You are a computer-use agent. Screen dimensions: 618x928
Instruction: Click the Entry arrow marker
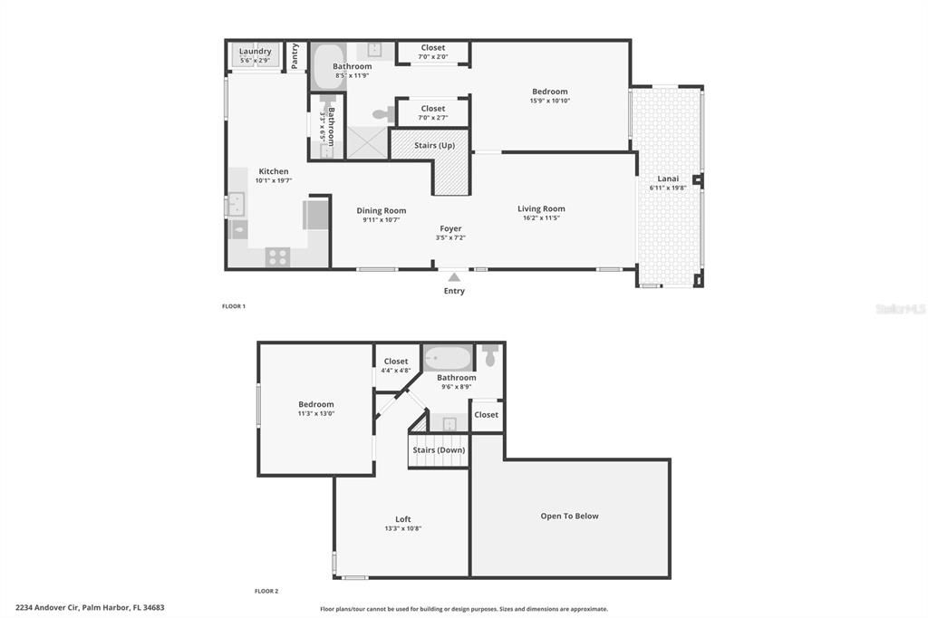click(x=454, y=277)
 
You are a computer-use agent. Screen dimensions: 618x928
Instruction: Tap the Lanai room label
click(x=668, y=179)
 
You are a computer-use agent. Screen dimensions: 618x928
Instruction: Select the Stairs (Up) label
click(x=434, y=145)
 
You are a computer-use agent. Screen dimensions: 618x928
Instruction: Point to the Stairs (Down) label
click(x=439, y=449)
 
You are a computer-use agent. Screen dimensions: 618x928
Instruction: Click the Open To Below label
click(x=569, y=517)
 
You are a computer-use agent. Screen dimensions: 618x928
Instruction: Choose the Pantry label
click(x=295, y=55)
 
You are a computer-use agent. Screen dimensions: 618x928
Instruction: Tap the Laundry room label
click(x=255, y=52)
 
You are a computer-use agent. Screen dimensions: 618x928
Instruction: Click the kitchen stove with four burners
click(x=277, y=256)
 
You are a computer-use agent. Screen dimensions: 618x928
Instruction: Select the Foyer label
click(x=450, y=228)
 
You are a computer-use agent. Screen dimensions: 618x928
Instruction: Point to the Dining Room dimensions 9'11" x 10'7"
click(x=381, y=220)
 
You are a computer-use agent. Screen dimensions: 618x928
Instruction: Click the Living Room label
click(x=541, y=209)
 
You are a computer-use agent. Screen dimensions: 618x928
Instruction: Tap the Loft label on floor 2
click(x=403, y=519)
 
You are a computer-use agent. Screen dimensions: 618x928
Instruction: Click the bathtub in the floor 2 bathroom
click(x=448, y=358)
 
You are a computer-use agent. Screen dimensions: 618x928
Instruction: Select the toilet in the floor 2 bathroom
click(x=490, y=356)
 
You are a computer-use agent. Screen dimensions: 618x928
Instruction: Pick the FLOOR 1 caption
click(x=234, y=306)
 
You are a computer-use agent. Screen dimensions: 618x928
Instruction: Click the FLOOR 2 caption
click(x=266, y=591)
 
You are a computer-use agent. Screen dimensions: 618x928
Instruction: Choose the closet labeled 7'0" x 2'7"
click(x=433, y=112)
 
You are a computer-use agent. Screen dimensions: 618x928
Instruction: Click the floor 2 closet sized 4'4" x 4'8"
click(x=396, y=365)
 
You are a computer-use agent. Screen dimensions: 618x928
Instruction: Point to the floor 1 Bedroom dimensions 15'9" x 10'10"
click(x=549, y=101)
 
